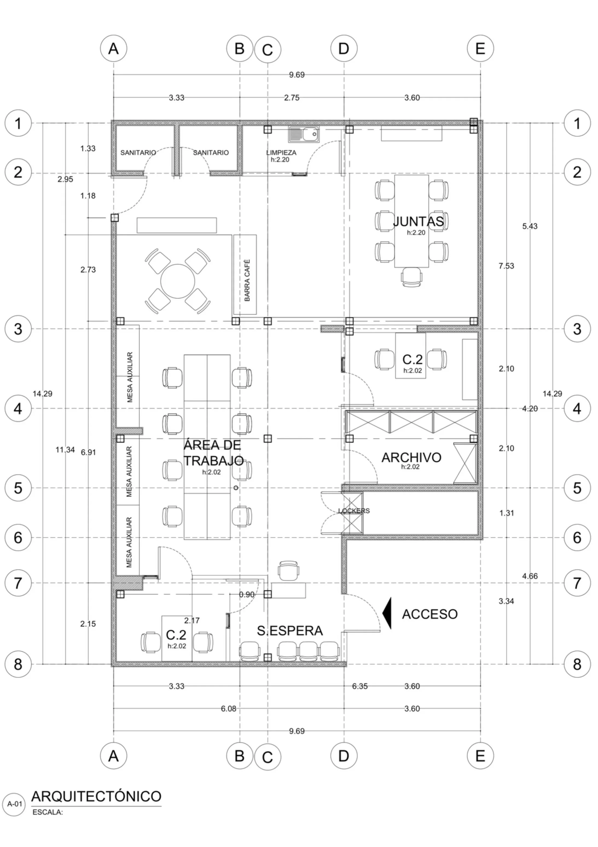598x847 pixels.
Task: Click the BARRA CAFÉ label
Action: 247,280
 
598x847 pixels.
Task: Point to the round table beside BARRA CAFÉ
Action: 178,281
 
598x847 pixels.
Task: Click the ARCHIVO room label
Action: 411,458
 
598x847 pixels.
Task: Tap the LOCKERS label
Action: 354,511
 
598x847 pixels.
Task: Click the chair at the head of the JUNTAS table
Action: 411,277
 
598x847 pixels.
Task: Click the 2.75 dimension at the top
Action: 292,98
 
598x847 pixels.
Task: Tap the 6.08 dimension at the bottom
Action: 229,709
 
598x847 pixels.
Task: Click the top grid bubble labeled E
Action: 480,48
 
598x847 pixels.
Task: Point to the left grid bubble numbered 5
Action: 18,488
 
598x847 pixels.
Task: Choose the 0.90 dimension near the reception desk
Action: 247,595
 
